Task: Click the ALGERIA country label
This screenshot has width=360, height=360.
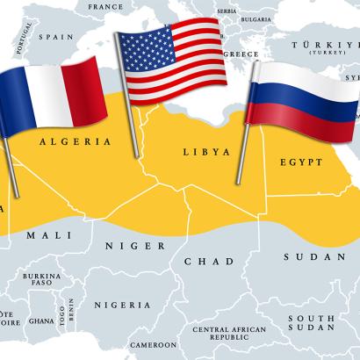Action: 76,140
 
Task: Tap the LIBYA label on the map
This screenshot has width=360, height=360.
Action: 201,152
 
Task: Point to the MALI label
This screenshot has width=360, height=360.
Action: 44,236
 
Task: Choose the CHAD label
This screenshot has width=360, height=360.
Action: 209,261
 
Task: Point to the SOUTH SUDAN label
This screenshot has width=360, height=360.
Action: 313,323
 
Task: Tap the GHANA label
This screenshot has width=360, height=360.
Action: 40,322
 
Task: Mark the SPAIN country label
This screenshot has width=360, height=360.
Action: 54,38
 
